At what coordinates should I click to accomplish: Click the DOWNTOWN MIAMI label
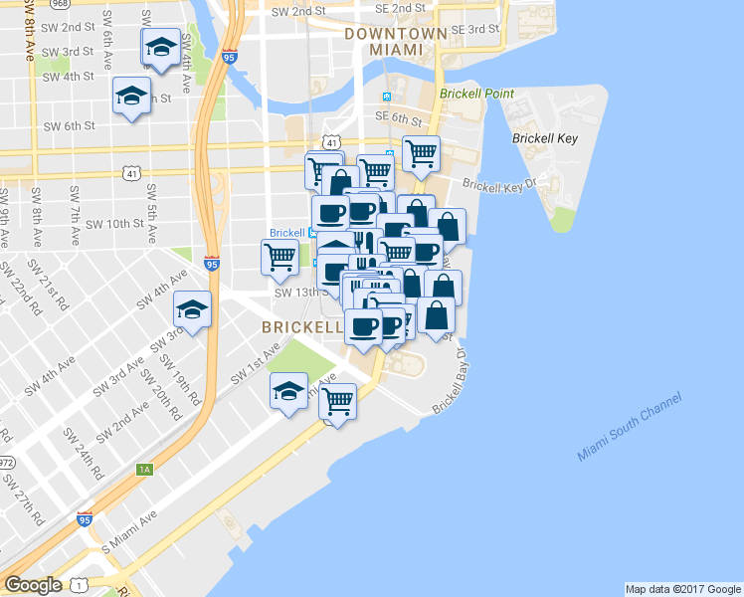[395, 41]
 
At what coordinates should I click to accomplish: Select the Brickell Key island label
[540, 139]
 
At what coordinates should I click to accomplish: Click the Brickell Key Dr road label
[498, 185]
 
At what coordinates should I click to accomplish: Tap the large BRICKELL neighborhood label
[301, 326]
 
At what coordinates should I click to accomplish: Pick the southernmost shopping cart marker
[339, 401]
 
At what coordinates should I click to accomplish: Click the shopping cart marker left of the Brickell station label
[279, 257]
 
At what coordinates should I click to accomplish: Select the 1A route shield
[145, 468]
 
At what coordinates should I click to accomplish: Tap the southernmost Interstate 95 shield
[87, 520]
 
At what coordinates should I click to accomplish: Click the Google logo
[33, 585]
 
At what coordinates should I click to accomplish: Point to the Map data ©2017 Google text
[682, 589]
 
